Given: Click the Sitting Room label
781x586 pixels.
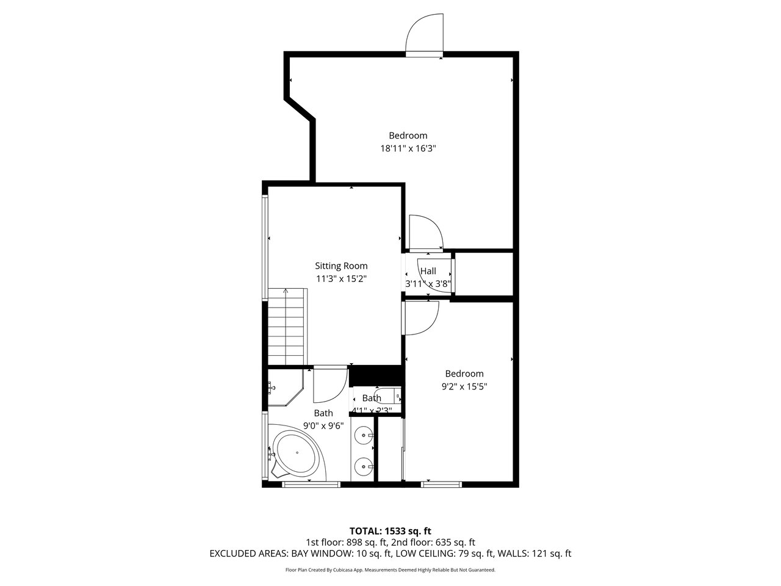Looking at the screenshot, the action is coord(341,266).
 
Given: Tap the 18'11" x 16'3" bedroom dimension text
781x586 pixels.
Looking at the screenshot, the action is coord(408,148).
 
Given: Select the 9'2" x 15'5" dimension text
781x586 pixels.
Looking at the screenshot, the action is coord(464,386).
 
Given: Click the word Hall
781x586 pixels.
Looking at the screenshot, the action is coord(428,271).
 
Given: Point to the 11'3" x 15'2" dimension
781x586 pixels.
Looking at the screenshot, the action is coord(341,278).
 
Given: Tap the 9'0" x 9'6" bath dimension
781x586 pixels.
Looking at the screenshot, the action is coord(323,425).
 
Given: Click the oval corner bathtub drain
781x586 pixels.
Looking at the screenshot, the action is coord(297,452).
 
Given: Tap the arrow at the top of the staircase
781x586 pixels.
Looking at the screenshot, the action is coord(286,291).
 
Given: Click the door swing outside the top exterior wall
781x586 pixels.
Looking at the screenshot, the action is coord(425,32).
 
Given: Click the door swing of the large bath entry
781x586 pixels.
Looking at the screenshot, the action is coord(330,384).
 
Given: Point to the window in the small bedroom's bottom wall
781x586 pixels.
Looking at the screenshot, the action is coord(441,484).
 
